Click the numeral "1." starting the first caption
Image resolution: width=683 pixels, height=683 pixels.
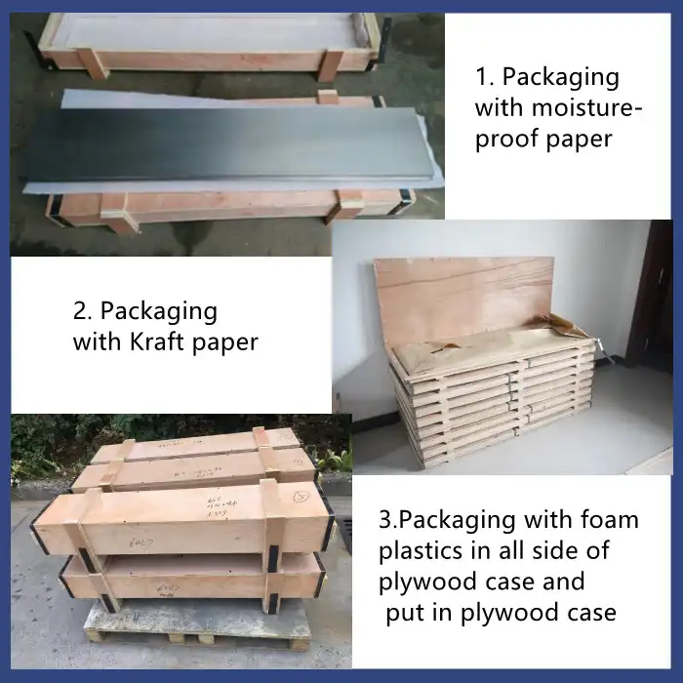(x=486, y=77)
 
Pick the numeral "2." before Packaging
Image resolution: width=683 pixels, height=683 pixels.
(x=84, y=311)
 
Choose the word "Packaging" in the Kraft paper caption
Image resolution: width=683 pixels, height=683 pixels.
(x=159, y=311)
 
